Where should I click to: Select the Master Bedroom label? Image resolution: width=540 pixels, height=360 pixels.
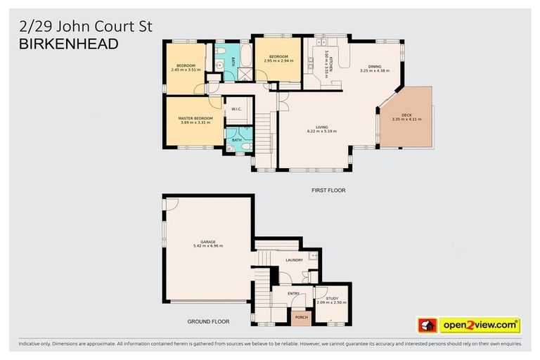coord(195,117)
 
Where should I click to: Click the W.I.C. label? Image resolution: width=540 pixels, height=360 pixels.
coord(236,110)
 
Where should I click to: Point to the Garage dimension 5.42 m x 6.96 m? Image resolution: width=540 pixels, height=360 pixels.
coord(207,246)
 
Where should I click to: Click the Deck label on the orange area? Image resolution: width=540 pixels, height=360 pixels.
coord(406,114)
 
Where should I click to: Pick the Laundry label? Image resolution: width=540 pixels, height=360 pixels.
coord(294,260)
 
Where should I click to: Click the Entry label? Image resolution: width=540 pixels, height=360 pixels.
coord(294,295)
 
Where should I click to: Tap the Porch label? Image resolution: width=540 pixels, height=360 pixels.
coord(301,317)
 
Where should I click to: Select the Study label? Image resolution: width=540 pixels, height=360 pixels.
coord(332,297)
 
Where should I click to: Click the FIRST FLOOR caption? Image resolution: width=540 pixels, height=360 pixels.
coord(329,191)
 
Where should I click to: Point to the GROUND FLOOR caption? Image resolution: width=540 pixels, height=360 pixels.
coord(206,321)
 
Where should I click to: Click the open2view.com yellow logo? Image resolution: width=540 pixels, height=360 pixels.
coord(480,326)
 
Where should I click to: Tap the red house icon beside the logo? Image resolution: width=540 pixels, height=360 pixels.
coord(427,326)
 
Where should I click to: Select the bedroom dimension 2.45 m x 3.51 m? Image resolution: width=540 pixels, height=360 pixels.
coord(186,70)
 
